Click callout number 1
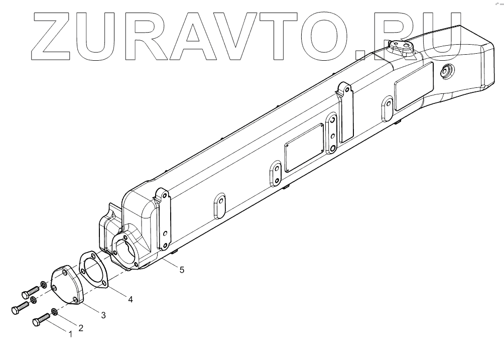click(x=70, y=333)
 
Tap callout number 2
click(x=80, y=328)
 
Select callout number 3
click(x=103, y=315)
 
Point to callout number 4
click(x=130, y=299)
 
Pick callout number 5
click(x=182, y=270)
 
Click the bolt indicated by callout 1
click(x=42, y=319)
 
